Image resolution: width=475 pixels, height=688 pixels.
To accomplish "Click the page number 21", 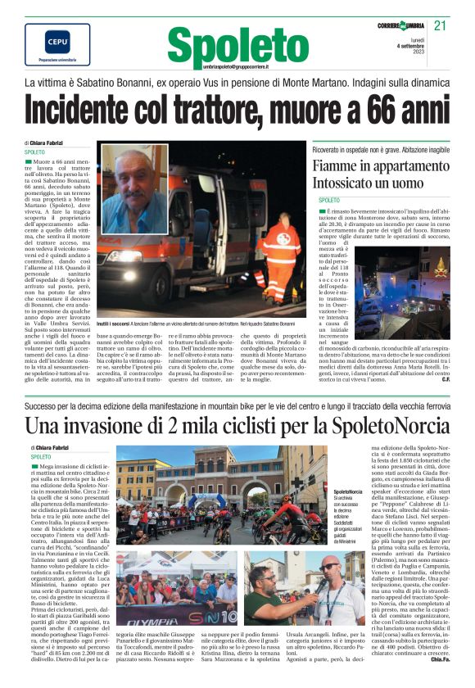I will pyautogui.click(x=440, y=25).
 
